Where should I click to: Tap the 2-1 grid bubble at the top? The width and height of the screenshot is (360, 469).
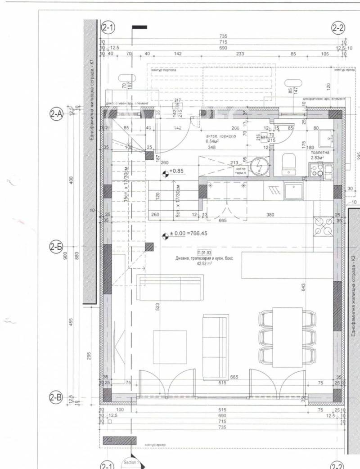108,27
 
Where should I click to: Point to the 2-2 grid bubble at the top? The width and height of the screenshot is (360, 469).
338,27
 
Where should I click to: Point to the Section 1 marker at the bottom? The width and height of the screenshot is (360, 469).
131,462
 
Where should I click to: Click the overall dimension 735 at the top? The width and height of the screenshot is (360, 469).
224,36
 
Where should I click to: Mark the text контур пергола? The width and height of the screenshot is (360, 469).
164,70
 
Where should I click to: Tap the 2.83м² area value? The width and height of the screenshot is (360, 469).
319,158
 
